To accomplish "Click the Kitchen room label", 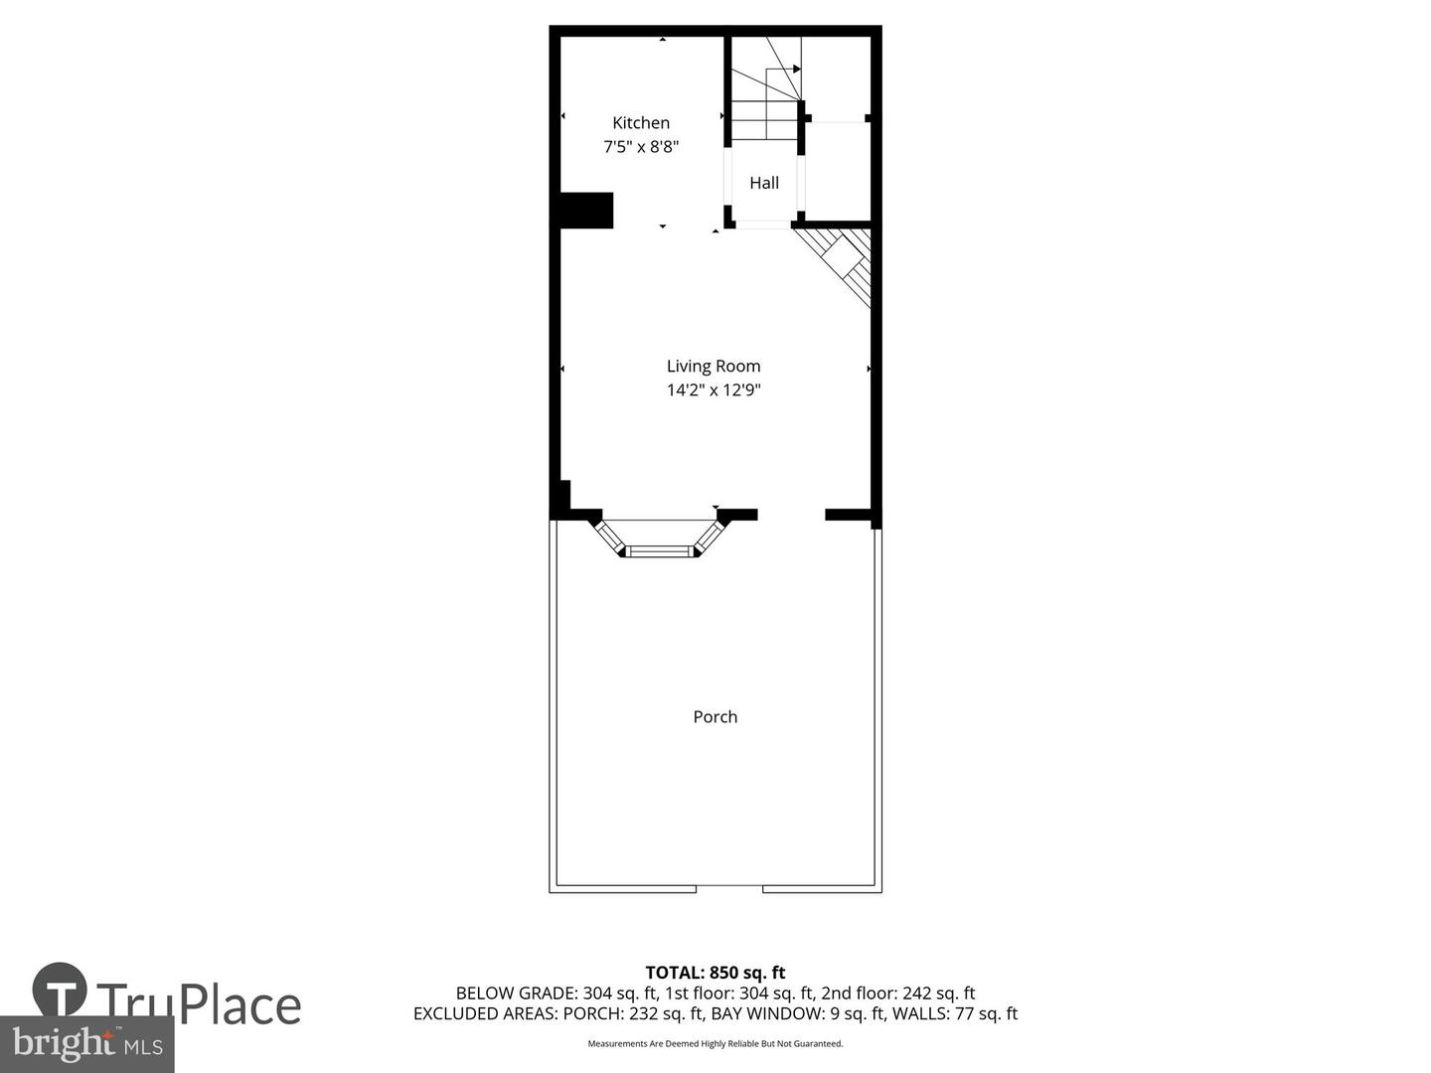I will click(641, 123).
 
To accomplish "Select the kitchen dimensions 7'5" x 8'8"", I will click(641, 147).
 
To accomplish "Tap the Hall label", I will click(764, 183).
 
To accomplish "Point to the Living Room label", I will click(714, 367).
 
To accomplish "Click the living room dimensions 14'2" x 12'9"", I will click(714, 390).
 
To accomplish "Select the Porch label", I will click(715, 717).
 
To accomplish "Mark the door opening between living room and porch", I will click(791, 515).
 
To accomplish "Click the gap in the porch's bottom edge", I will click(729, 887).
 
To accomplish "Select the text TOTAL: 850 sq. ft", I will click(715, 973).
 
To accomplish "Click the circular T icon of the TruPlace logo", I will click(60, 990).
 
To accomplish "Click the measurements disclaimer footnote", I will click(715, 1044).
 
